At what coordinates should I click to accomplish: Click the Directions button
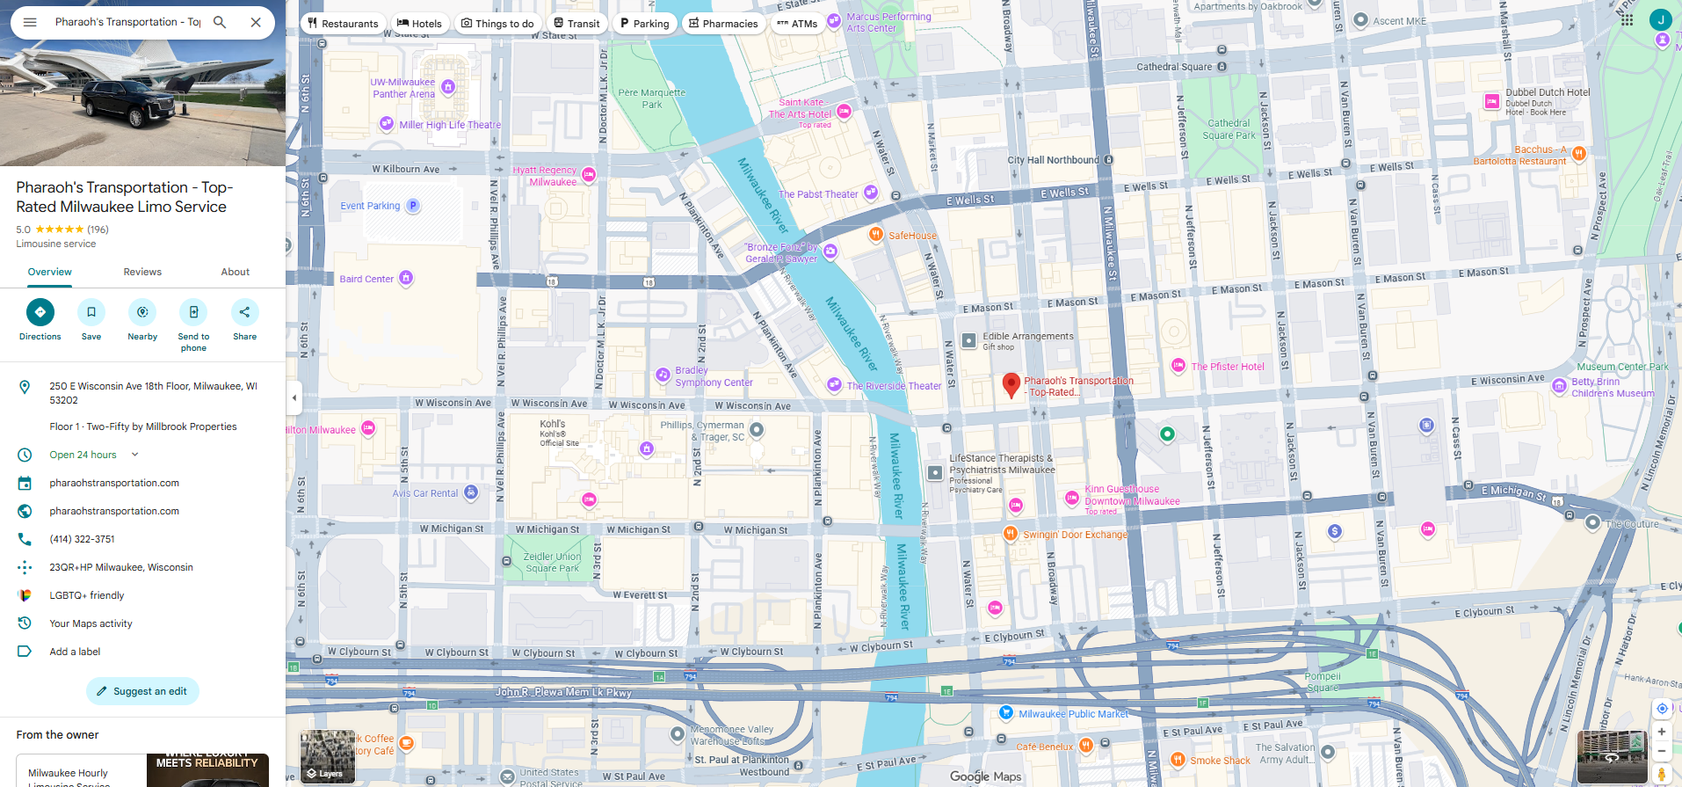[x=40, y=313]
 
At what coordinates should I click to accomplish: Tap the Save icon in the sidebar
[x=91, y=313]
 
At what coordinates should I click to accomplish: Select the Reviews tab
[x=142, y=272]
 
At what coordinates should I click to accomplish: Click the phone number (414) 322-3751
[x=83, y=539]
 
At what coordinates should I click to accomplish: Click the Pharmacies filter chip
[x=723, y=24]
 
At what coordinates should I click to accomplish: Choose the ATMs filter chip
[x=796, y=24]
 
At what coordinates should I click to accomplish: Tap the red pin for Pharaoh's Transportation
[x=1011, y=384]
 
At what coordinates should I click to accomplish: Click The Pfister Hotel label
[x=1227, y=367]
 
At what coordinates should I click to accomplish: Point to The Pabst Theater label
[x=817, y=194]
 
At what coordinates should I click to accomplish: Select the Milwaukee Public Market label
[x=1072, y=714]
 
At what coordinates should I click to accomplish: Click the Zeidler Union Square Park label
[x=552, y=562]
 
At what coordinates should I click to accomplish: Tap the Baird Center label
[x=366, y=279]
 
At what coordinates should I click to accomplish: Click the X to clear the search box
[x=256, y=22]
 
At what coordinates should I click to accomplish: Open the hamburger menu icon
[x=30, y=22]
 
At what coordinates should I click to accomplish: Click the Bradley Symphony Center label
[x=713, y=376]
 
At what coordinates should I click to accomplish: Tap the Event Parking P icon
[x=413, y=206]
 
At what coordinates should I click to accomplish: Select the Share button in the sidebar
[x=244, y=313]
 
